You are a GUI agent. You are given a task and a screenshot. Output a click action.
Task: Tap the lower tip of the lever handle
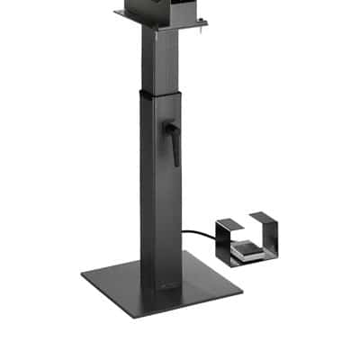tap(176, 163)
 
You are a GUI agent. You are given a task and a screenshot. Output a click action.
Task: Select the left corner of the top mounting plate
tap(117, 13)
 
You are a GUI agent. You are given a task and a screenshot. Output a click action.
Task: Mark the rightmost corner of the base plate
tap(242, 288)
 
